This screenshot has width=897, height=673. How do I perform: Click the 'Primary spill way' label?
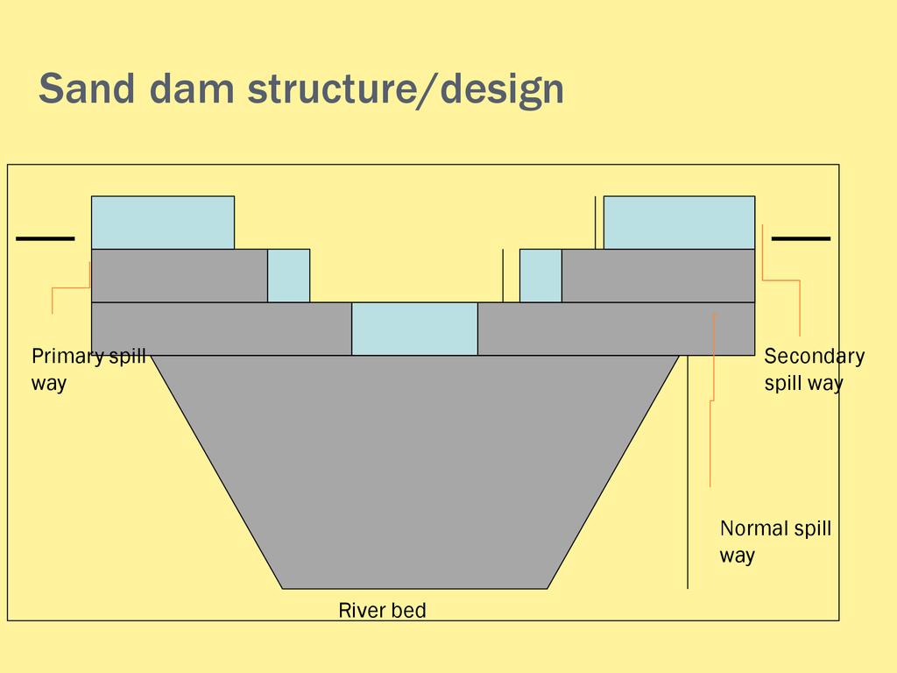88,370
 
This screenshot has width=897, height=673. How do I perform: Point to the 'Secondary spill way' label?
814,369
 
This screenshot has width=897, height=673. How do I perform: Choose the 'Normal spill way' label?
775,542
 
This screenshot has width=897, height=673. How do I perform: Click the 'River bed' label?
382,610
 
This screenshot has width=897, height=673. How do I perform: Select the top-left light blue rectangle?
163,223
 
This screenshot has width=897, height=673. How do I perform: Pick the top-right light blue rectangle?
679,223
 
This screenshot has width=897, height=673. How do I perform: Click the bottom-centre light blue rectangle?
414,329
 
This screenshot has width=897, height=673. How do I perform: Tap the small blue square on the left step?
288,275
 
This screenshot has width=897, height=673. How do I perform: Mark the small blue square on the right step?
540,275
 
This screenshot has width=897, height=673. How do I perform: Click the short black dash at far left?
46,237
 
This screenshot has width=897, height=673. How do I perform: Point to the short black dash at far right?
801,237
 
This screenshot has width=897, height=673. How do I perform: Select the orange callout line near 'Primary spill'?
70,287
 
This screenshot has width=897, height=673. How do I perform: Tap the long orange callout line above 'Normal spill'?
713,400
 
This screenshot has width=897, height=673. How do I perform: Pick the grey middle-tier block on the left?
180,275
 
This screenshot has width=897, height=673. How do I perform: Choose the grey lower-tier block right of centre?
616,329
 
